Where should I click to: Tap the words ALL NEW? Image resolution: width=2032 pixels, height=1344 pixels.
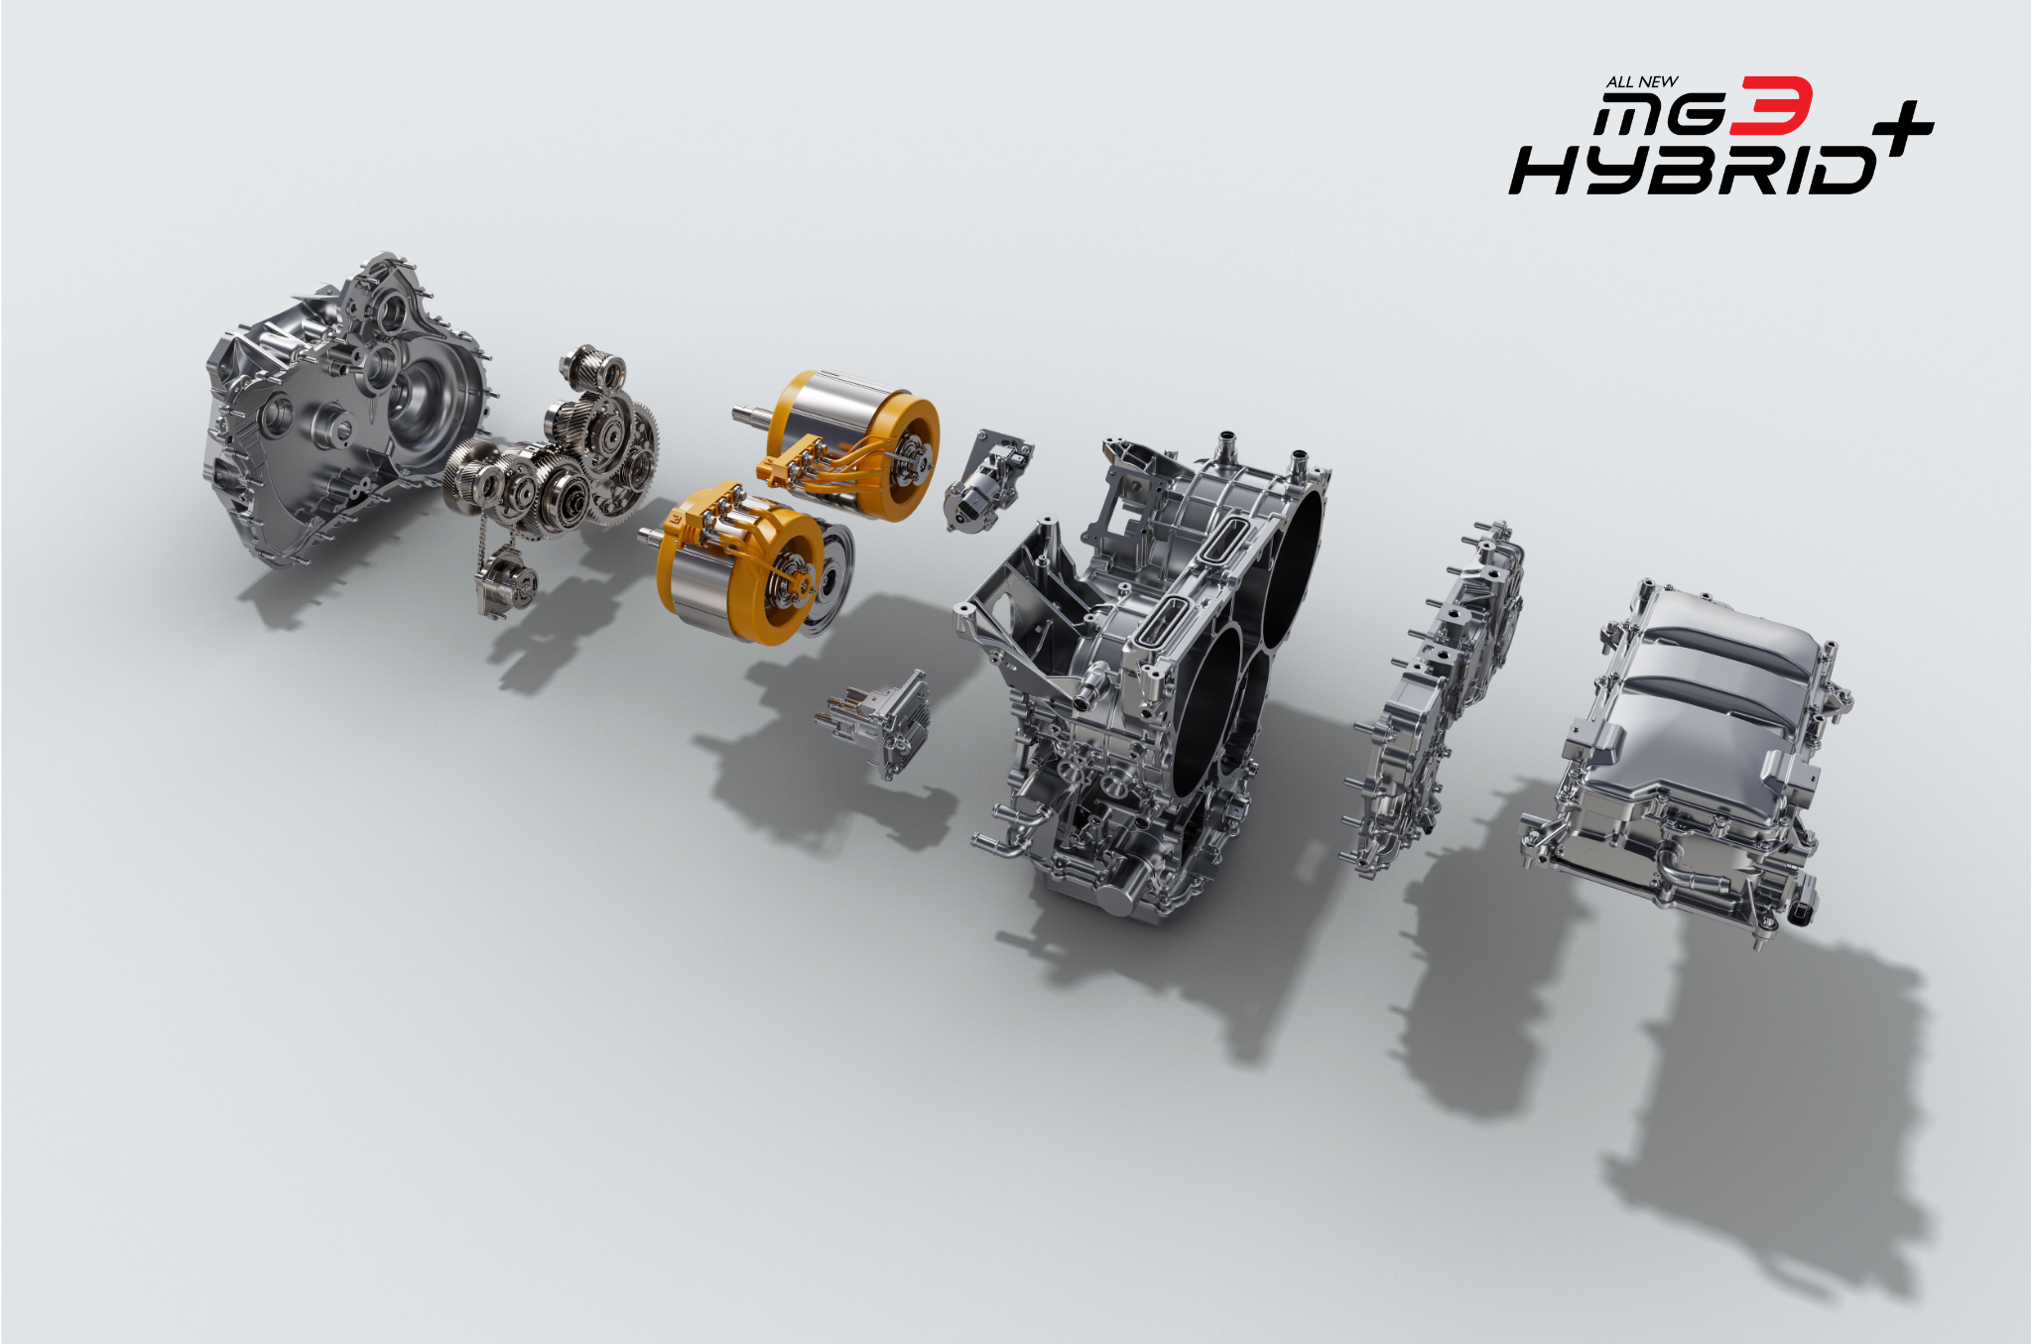(x=1642, y=82)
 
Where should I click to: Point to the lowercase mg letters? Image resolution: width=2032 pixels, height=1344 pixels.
(x=1661, y=118)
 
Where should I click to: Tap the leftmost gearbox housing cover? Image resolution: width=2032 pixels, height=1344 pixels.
(x=342, y=407)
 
